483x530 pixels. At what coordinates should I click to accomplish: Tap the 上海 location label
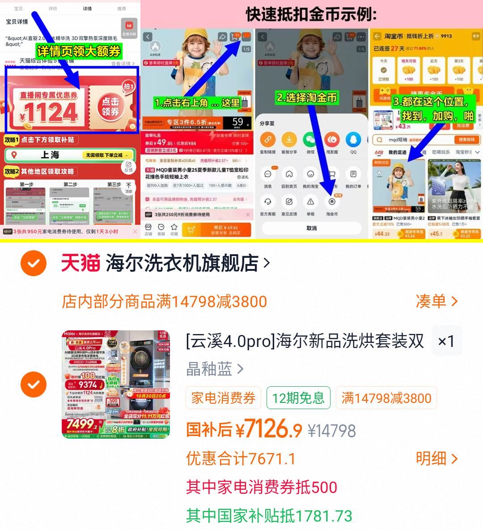50,155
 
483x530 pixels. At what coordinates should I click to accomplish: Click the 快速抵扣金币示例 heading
311,14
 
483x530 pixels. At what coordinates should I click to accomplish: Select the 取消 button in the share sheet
311,228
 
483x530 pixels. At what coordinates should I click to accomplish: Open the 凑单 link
436,301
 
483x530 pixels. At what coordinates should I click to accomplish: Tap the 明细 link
436,458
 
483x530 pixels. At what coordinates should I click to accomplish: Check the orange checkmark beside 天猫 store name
34,263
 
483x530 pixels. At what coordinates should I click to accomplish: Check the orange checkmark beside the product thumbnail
34,385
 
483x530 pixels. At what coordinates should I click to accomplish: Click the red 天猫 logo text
80,263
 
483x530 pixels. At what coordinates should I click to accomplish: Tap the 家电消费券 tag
223,398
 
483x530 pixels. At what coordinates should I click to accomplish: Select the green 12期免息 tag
298,398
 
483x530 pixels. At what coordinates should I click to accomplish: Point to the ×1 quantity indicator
446,341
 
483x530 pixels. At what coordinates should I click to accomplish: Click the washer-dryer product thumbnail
116,385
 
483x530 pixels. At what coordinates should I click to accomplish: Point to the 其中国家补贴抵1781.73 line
269,516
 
